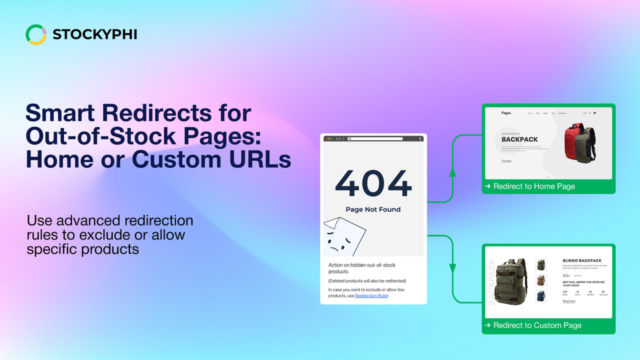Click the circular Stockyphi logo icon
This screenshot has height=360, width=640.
pos(36,34)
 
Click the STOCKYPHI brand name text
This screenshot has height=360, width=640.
pos(94,34)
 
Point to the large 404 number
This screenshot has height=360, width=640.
pos(373,183)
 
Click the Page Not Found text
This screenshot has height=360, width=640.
pos(373,209)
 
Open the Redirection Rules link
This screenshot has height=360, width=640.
pos(371,296)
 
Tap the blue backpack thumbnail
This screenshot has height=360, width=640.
pos(540,296)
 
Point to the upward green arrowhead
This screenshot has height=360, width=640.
pos(452,172)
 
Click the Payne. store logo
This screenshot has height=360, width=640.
pos(507,113)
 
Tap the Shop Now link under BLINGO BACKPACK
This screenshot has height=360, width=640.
pos(569,301)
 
